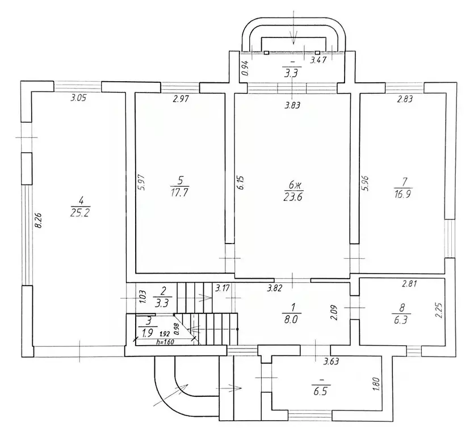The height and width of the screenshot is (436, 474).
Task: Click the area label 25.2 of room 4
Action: [80, 213]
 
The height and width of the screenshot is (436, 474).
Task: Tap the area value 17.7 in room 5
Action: [179, 193]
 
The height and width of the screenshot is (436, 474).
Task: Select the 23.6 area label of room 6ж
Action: [293, 197]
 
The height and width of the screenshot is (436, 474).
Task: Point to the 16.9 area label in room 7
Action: [404, 194]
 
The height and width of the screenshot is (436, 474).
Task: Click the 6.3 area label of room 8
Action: [401, 320]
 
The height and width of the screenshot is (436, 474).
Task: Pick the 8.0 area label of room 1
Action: [291, 320]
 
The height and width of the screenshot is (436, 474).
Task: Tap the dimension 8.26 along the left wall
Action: [37, 221]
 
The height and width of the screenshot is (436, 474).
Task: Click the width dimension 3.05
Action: [78, 98]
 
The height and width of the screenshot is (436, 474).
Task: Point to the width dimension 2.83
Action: [405, 99]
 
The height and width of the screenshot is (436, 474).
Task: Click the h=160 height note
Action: [166, 342]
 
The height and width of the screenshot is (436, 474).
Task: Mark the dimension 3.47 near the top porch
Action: [318, 60]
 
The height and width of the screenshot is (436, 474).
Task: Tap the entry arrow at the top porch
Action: [293, 27]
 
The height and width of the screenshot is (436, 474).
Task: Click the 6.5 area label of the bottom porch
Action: [321, 392]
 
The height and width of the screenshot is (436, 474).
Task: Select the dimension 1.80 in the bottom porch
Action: [376, 384]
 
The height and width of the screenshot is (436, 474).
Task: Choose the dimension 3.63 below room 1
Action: [331, 361]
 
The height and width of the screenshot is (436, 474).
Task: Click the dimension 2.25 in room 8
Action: [439, 311]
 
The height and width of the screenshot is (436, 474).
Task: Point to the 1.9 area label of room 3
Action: [148, 333]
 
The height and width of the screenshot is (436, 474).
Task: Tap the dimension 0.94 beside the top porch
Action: [245, 68]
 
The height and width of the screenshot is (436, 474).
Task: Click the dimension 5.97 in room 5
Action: [143, 182]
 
